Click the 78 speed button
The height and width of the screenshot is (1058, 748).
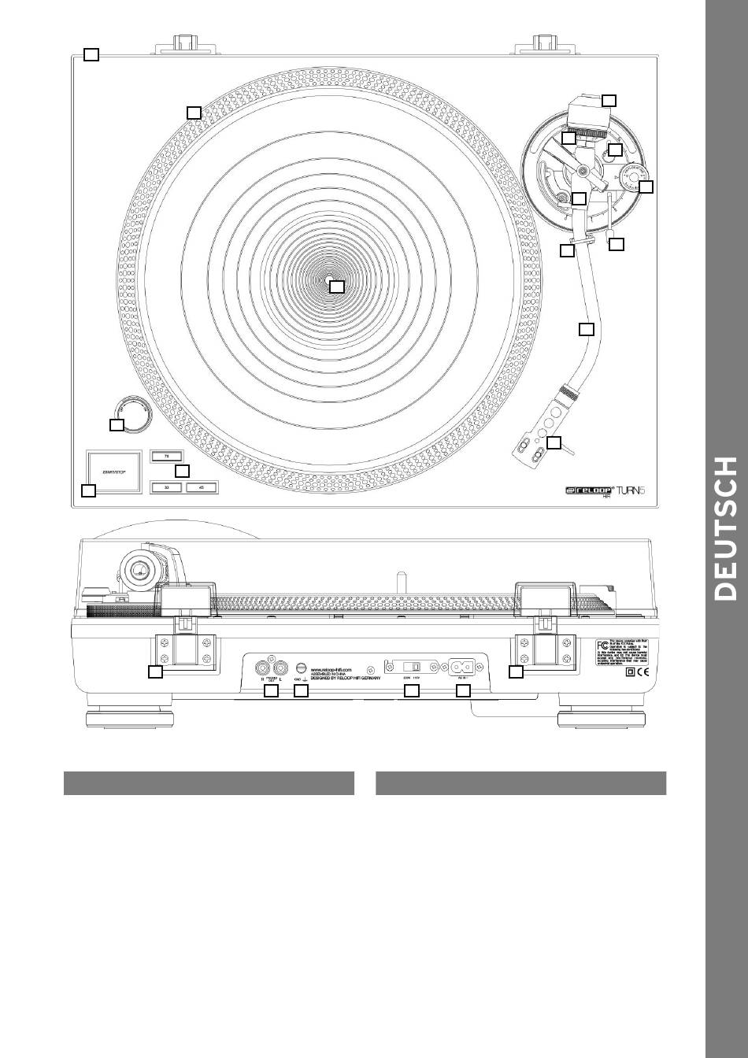pos(166,455)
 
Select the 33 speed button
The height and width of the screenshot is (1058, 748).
pos(166,487)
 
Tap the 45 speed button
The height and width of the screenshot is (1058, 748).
pos(201,487)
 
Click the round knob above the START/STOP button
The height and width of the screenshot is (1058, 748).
pos(131,413)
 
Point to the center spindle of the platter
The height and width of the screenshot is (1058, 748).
pos(330,280)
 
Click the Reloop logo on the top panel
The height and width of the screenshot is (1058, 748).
pos(589,490)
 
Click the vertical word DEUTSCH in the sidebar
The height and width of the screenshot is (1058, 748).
pos(726,527)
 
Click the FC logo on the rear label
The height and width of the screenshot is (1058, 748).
pos(602,646)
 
